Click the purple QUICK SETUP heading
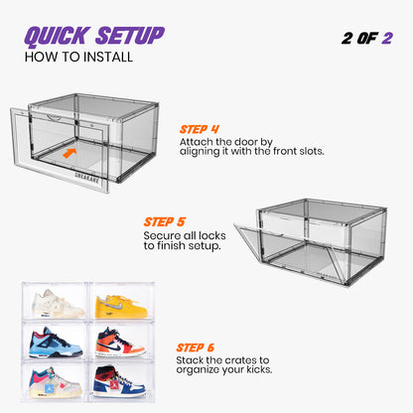[94, 36]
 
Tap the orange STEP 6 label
[204, 347]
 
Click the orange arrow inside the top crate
[69, 154]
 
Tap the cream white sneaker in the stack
[56, 301]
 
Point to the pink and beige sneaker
[56, 381]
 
